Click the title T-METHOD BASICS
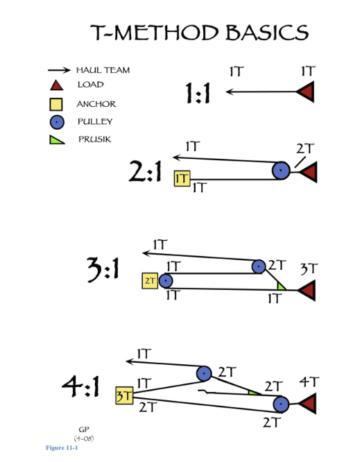200,33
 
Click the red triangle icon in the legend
57,85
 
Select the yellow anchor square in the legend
57,105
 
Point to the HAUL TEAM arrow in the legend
59,70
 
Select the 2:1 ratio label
146,174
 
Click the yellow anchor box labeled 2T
151,281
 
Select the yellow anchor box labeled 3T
123,395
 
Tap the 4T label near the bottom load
309,382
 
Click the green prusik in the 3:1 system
281,286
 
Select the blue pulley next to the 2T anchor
166,281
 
